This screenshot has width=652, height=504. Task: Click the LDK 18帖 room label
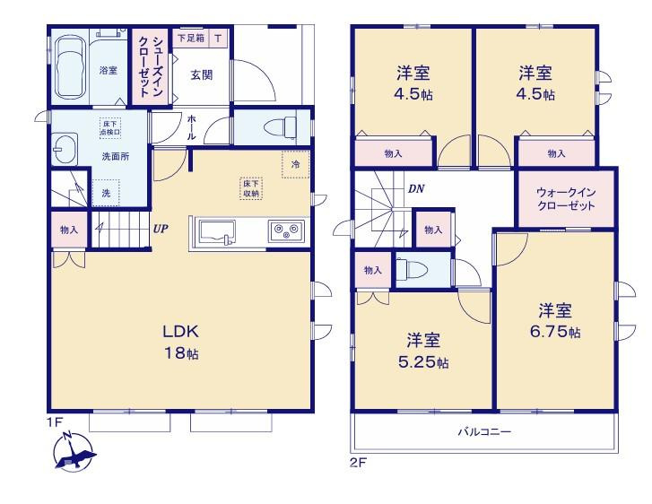click(181, 342)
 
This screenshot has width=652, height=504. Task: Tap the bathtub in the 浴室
click(69, 69)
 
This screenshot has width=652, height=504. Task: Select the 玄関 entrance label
click(202, 74)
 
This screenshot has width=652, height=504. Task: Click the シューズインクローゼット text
click(151, 67)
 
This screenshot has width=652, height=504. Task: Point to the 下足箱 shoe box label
click(191, 39)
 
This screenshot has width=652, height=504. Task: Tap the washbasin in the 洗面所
click(65, 149)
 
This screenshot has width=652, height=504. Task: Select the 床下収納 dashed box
click(251, 188)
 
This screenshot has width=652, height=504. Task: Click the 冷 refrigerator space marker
click(296, 164)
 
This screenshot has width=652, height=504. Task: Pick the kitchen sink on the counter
click(217, 231)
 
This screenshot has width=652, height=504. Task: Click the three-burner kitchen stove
click(286, 230)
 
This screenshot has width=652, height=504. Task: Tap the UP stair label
click(161, 229)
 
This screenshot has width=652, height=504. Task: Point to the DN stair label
click(416, 189)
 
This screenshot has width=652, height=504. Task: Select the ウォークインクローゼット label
click(566, 199)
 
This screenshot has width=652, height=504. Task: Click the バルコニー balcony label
click(484, 431)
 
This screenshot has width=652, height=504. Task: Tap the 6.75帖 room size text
click(555, 332)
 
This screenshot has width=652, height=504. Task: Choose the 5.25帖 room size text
click(423, 361)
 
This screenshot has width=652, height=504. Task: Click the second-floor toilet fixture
click(412, 269)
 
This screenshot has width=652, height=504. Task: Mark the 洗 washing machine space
click(106, 193)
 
